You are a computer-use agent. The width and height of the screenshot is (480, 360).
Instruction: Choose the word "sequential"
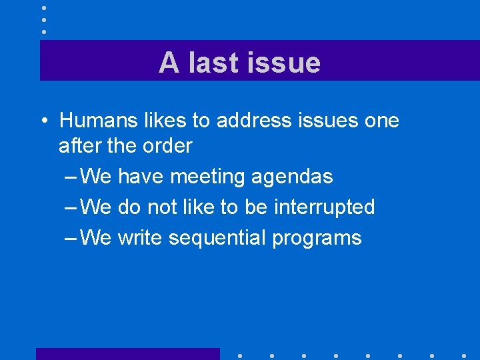click(x=218, y=238)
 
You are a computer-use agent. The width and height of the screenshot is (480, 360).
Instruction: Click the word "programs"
click(x=317, y=238)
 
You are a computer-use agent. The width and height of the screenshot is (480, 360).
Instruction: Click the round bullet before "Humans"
click(x=43, y=121)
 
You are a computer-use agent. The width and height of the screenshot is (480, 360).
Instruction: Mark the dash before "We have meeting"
click(x=71, y=177)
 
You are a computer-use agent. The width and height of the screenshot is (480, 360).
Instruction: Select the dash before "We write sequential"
click(x=71, y=238)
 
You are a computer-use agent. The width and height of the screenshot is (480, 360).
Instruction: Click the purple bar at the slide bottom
click(x=127, y=353)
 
